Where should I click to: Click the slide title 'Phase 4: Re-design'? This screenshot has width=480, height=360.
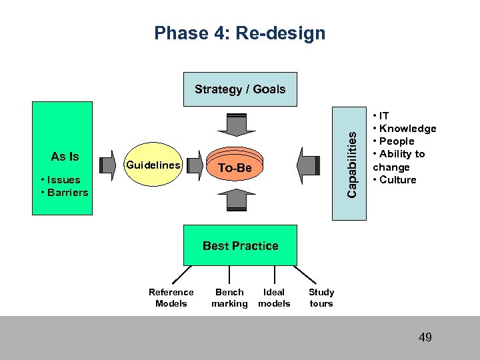(239, 33)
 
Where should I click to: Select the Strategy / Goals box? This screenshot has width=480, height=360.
(239, 89)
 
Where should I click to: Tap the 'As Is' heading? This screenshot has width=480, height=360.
(65, 157)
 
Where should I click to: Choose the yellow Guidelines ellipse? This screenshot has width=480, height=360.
(154, 165)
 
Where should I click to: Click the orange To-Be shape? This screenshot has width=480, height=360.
(235, 168)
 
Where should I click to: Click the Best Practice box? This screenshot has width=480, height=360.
(240, 246)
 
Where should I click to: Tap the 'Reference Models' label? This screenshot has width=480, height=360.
(171, 298)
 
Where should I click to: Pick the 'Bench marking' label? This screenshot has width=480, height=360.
(229, 298)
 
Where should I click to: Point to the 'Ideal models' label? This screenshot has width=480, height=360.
(274, 298)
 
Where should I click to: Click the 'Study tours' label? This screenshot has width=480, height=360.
(321, 298)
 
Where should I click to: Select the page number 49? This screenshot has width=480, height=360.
(425, 337)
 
